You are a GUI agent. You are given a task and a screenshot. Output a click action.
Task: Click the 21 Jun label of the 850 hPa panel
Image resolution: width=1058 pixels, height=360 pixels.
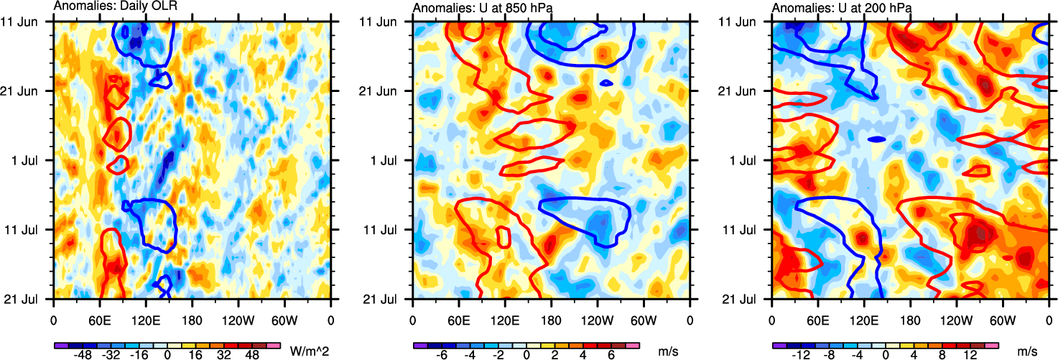385,91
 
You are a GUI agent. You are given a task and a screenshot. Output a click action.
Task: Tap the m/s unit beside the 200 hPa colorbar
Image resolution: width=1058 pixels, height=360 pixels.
1028,351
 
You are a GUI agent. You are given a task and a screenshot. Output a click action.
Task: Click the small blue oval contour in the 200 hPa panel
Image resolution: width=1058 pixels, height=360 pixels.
876,139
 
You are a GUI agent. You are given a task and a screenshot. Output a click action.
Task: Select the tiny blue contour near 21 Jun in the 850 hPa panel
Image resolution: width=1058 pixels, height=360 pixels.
606,83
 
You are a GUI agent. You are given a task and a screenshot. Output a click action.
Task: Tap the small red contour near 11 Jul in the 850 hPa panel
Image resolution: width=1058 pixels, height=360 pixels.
504,237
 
